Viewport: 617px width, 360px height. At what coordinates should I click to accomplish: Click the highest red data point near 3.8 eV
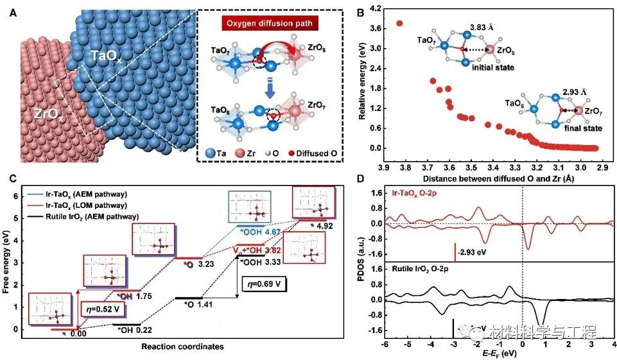pos(400,24)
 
